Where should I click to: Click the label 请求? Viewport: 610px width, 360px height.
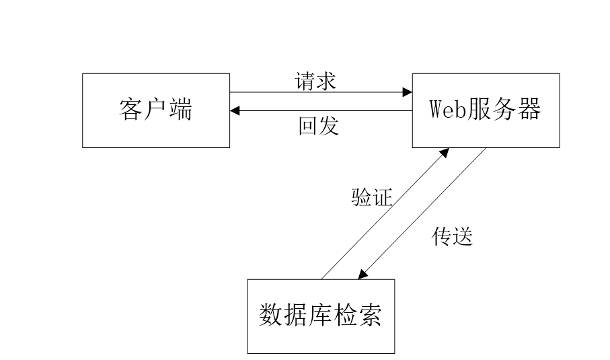tap(315, 81)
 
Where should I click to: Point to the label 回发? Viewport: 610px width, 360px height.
tap(319, 126)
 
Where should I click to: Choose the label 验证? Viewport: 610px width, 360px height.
tap(372, 197)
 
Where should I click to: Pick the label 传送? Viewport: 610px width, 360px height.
tap(453, 236)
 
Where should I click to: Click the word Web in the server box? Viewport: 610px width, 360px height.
tap(447, 109)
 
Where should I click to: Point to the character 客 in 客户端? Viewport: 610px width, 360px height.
tap(131, 110)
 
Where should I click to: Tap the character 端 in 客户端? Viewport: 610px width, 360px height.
tap(181, 110)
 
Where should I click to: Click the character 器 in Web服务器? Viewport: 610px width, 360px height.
tap(529, 108)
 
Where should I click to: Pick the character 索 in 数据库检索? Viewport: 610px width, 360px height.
tap(370, 314)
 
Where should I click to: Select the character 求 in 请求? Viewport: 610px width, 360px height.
tap(326, 81)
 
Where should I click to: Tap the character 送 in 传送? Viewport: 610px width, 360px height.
tap(463, 236)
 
